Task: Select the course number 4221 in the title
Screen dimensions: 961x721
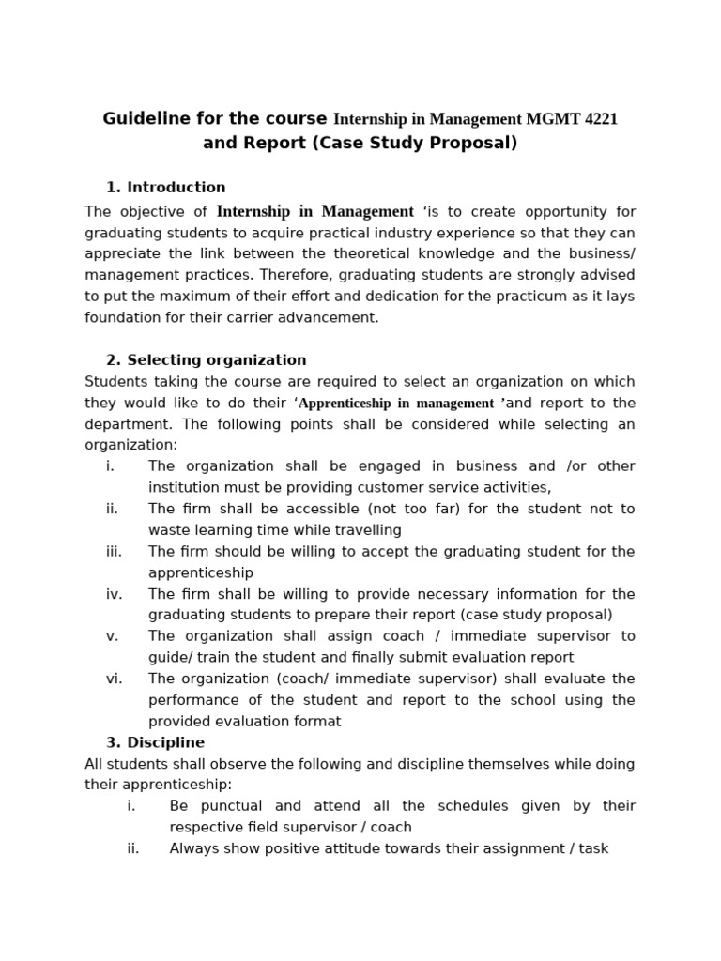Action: [599, 119]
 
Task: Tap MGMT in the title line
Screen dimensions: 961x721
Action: [550, 119]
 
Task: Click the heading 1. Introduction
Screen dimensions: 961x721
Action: [166, 187]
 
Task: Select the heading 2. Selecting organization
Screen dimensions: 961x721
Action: [207, 359]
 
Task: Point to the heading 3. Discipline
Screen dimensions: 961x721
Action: [155, 742]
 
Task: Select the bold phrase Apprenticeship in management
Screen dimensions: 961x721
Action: [396, 404]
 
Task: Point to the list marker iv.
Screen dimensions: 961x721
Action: [114, 594]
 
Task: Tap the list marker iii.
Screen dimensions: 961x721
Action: [114, 552]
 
